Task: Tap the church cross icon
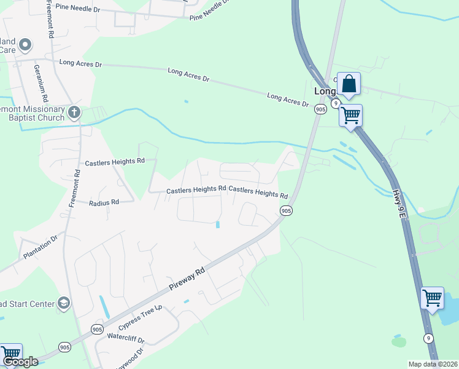click(74, 112)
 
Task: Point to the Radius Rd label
click(103, 202)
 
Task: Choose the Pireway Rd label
click(187, 280)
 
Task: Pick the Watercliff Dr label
click(125, 338)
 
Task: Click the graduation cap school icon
click(63, 303)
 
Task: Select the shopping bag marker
click(349, 84)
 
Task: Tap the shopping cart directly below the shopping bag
click(350, 115)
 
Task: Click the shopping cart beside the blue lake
click(432, 298)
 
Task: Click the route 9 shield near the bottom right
click(428, 338)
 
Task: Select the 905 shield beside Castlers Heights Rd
click(286, 210)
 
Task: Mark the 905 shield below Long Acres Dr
click(320, 109)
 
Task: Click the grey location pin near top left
click(25, 44)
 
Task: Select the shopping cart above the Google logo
click(10, 354)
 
